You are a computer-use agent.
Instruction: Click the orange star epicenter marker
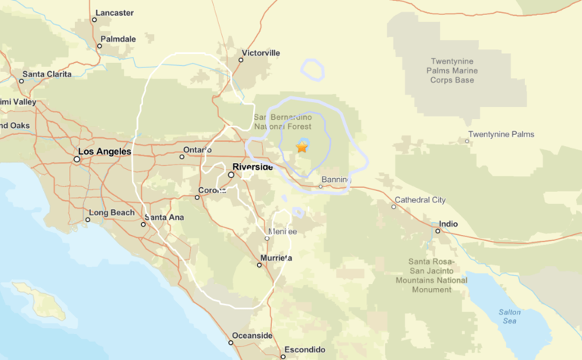point(302,147)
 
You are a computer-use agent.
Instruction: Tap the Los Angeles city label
point(105,152)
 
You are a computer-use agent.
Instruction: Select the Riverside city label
point(252,167)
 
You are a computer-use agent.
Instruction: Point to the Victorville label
point(260,53)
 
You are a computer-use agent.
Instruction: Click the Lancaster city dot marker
point(95,20)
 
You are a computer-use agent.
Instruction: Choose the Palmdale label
point(118,39)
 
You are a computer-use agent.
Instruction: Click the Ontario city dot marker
point(183,157)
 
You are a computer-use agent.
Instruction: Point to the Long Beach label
point(111,212)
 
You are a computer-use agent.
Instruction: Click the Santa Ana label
point(164,218)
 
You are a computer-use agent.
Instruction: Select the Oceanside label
point(252,335)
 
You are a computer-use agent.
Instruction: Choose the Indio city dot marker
point(437,230)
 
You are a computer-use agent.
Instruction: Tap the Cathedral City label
point(419,200)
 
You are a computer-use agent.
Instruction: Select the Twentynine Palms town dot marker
point(467,141)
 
